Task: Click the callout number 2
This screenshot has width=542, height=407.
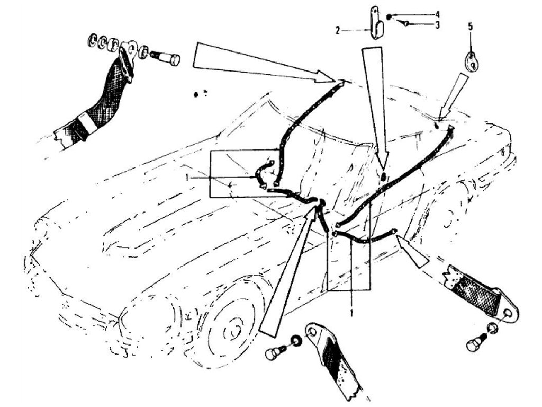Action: [338, 31]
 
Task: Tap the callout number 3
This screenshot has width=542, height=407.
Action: [437, 25]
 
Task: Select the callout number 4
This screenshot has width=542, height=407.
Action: [437, 15]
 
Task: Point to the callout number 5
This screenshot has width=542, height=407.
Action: [471, 26]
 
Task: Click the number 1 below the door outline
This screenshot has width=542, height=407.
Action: [351, 313]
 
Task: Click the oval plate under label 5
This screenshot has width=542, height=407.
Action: [471, 62]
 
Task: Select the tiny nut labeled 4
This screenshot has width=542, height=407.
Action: [389, 16]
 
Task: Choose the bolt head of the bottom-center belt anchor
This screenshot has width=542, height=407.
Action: [273, 353]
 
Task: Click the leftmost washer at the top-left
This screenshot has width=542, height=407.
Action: [92, 40]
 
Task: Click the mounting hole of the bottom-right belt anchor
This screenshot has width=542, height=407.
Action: [507, 314]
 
